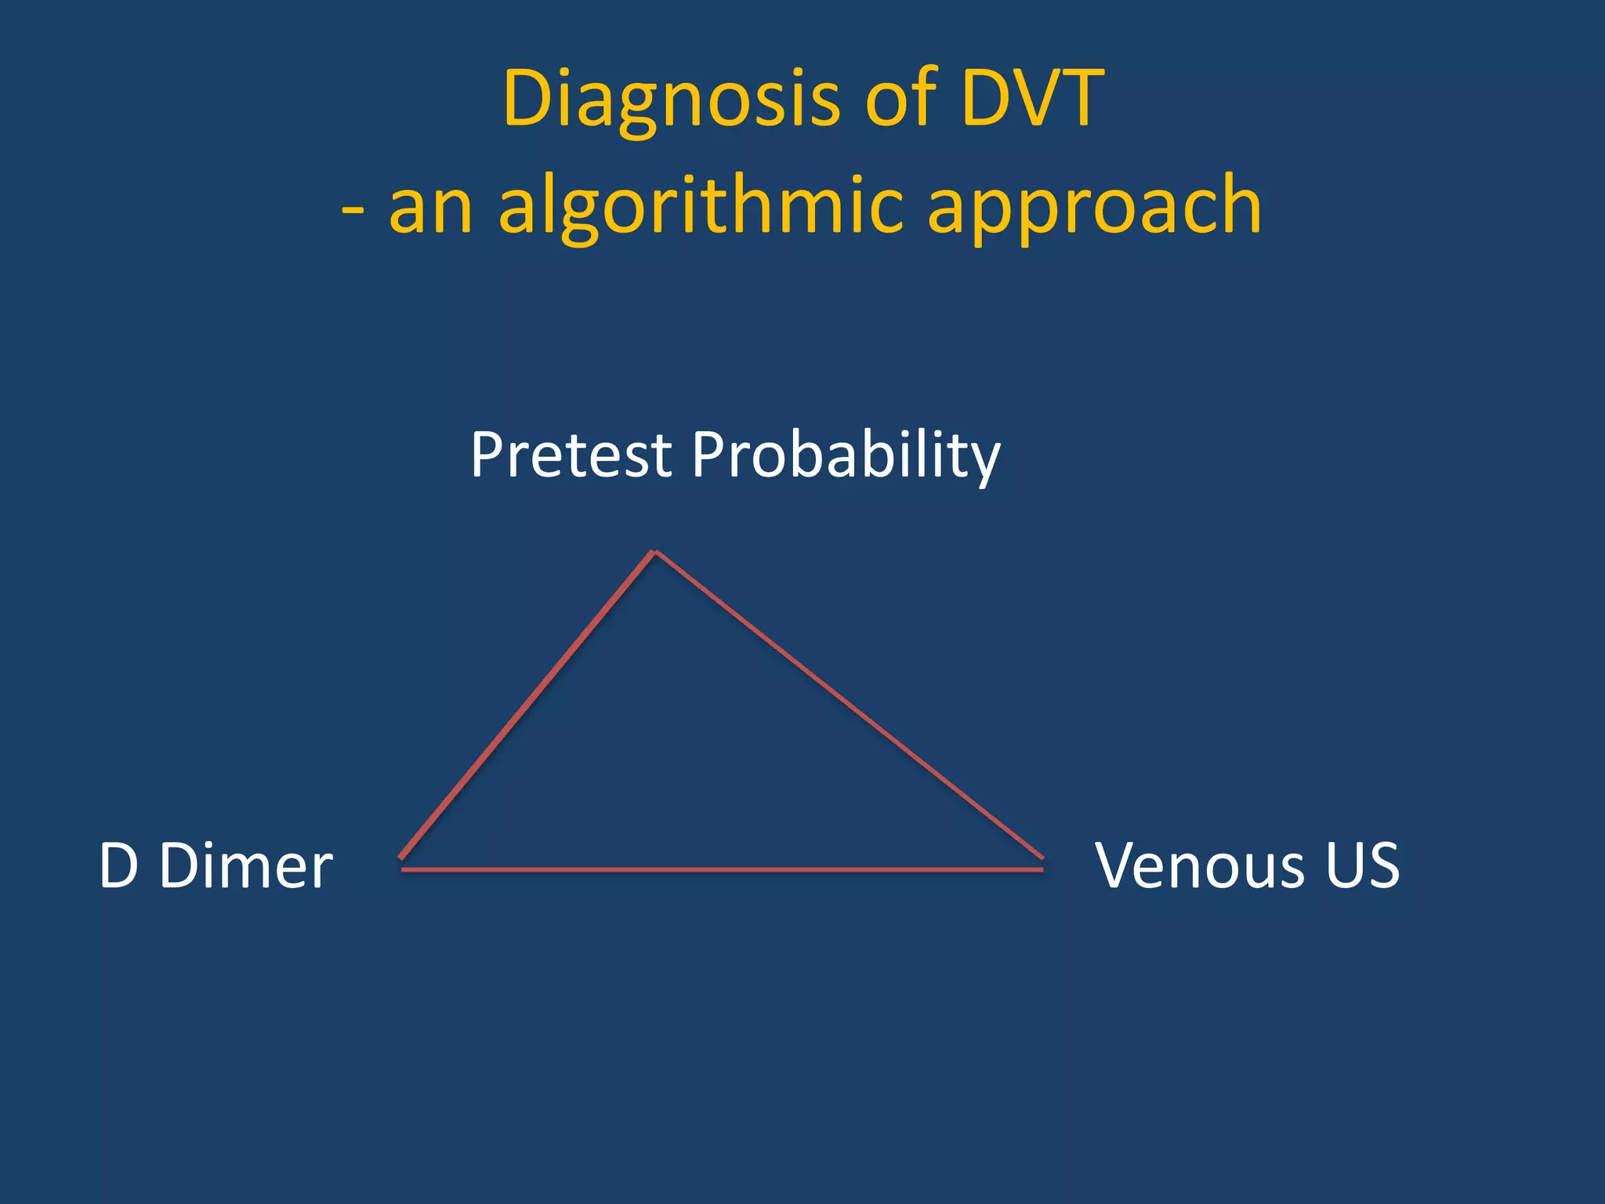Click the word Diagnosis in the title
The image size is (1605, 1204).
(x=672, y=100)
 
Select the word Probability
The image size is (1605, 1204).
(x=845, y=456)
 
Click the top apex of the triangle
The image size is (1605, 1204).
(x=654, y=553)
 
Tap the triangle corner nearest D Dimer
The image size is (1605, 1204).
(x=402, y=862)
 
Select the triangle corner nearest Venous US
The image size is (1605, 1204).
(x=1042, y=862)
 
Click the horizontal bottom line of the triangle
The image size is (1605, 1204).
(x=721, y=869)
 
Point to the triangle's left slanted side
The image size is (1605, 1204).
(x=527, y=705)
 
